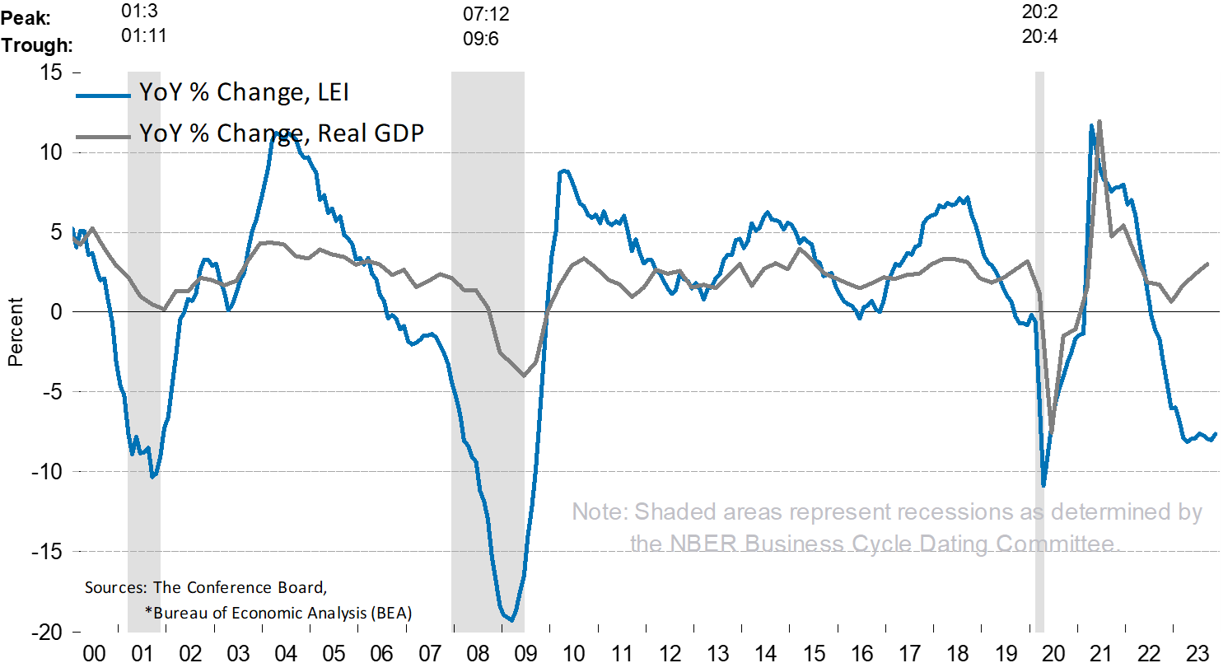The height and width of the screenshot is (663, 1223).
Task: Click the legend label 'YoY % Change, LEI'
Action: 244,93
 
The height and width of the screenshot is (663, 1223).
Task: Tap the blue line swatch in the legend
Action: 103,95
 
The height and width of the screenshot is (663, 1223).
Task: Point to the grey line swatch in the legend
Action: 103,135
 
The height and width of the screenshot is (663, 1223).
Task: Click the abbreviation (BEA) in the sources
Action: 392,614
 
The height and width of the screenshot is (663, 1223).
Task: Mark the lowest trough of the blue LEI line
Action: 511,620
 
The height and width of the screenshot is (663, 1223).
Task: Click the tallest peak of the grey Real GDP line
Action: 1099,121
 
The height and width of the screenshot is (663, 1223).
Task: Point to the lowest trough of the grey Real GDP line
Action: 1052,432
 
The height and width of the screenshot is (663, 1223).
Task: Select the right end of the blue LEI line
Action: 1216,434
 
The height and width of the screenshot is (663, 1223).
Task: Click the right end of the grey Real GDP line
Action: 1207,264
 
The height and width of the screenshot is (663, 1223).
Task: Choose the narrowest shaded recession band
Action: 1039,354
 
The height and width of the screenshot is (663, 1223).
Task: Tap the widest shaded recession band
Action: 488,354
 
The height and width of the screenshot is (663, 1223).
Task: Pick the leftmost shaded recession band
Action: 144,354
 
